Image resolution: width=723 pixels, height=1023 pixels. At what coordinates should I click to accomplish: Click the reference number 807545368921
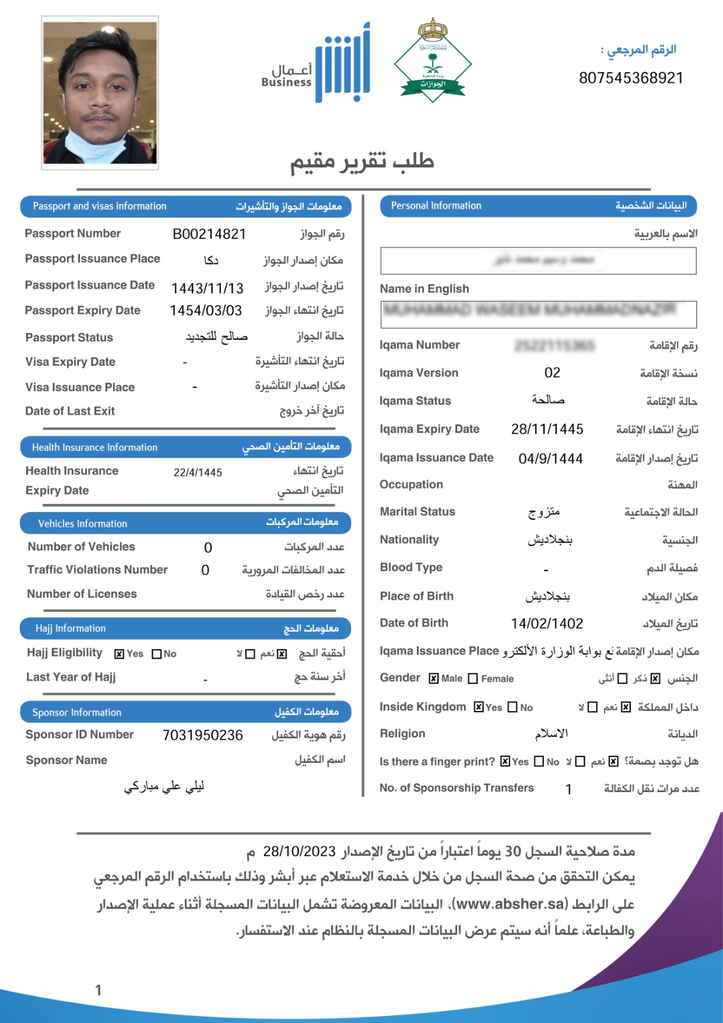[x=631, y=78]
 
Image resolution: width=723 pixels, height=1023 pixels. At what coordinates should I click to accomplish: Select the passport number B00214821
[x=209, y=234]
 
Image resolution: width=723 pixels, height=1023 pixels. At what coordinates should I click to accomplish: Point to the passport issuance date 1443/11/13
[x=207, y=288]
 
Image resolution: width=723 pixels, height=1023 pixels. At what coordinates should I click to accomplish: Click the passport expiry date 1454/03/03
[x=206, y=311]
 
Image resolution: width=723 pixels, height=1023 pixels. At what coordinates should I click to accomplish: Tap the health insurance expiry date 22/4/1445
[x=198, y=472]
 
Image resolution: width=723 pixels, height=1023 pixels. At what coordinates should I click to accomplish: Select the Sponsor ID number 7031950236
[x=203, y=735]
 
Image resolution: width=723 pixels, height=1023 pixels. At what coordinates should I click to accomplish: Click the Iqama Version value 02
[x=552, y=373]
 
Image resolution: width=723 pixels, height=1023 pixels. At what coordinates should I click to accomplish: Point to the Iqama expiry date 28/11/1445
[x=547, y=429]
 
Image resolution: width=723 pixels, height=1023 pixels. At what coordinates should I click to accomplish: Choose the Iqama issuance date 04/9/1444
[x=550, y=458]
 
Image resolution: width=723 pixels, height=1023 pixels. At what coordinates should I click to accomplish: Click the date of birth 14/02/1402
[x=547, y=623]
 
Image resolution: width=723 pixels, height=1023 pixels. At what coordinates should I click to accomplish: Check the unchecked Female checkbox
[x=473, y=678]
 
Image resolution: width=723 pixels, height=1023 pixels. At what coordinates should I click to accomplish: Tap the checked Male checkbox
[x=434, y=678]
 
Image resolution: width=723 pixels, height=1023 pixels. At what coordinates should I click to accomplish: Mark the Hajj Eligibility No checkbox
[x=157, y=654]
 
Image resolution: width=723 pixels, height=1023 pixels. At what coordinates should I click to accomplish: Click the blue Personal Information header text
[x=436, y=206]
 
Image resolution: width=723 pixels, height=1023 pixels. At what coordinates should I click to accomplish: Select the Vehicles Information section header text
[x=82, y=524]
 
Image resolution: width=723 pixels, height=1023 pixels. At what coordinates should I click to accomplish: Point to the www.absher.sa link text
[x=511, y=903]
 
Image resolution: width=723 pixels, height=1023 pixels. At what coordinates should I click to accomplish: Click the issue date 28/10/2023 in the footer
[x=299, y=852]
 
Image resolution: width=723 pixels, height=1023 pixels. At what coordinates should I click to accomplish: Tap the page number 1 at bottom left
[x=98, y=990]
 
